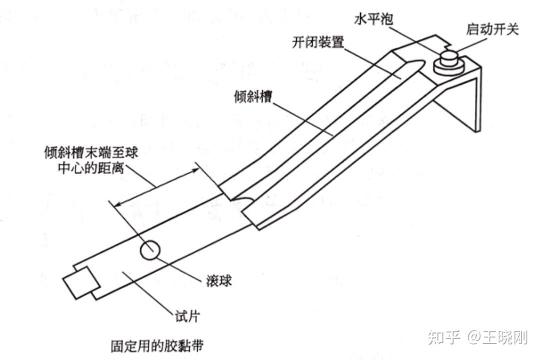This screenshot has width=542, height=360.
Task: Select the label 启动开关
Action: pos(491,29)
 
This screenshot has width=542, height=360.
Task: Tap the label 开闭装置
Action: pos(318,42)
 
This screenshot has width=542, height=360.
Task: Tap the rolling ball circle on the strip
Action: pos(150,250)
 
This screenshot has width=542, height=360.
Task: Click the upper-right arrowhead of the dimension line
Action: pos(195,170)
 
